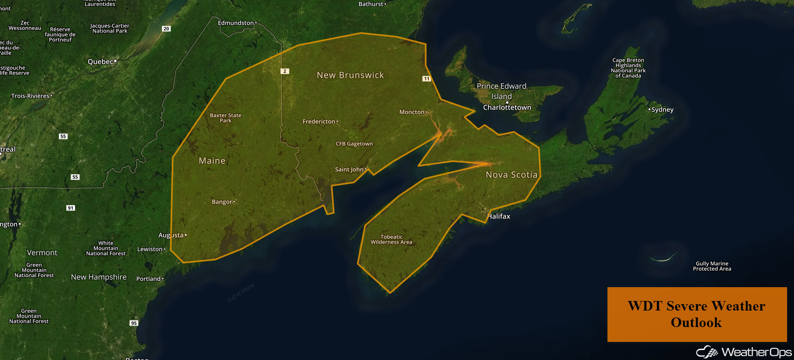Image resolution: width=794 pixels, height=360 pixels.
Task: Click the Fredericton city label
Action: (319, 122)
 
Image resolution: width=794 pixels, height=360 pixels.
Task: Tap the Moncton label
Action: (412, 112)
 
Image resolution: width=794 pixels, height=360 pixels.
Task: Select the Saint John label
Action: (349, 170)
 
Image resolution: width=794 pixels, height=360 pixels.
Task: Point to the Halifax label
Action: (499, 216)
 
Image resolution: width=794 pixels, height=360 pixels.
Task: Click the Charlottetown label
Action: (507, 107)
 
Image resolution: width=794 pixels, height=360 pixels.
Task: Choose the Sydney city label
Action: (662, 110)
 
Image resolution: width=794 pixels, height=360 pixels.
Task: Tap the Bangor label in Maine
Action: (222, 202)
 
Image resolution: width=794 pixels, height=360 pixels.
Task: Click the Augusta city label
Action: (171, 235)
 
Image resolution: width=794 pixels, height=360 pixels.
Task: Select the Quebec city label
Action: (100, 62)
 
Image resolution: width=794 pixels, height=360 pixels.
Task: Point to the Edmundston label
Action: (236, 23)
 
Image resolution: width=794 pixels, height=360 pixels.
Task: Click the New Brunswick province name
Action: (350, 75)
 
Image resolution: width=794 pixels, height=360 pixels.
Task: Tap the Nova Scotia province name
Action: (511, 174)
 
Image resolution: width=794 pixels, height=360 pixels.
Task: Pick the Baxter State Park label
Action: (225, 118)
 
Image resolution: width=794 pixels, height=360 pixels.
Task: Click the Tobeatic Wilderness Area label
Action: (391, 239)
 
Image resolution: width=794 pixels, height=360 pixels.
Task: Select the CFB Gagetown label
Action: (354, 144)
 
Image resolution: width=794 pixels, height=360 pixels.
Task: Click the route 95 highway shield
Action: (133, 323)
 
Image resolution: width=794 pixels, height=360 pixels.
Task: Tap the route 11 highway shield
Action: (426, 79)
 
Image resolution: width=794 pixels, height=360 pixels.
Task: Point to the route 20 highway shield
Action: (166, 29)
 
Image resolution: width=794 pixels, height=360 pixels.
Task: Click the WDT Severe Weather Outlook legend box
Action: (696, 314)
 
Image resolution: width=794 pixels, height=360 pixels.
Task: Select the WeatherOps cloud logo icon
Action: (706, 352)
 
